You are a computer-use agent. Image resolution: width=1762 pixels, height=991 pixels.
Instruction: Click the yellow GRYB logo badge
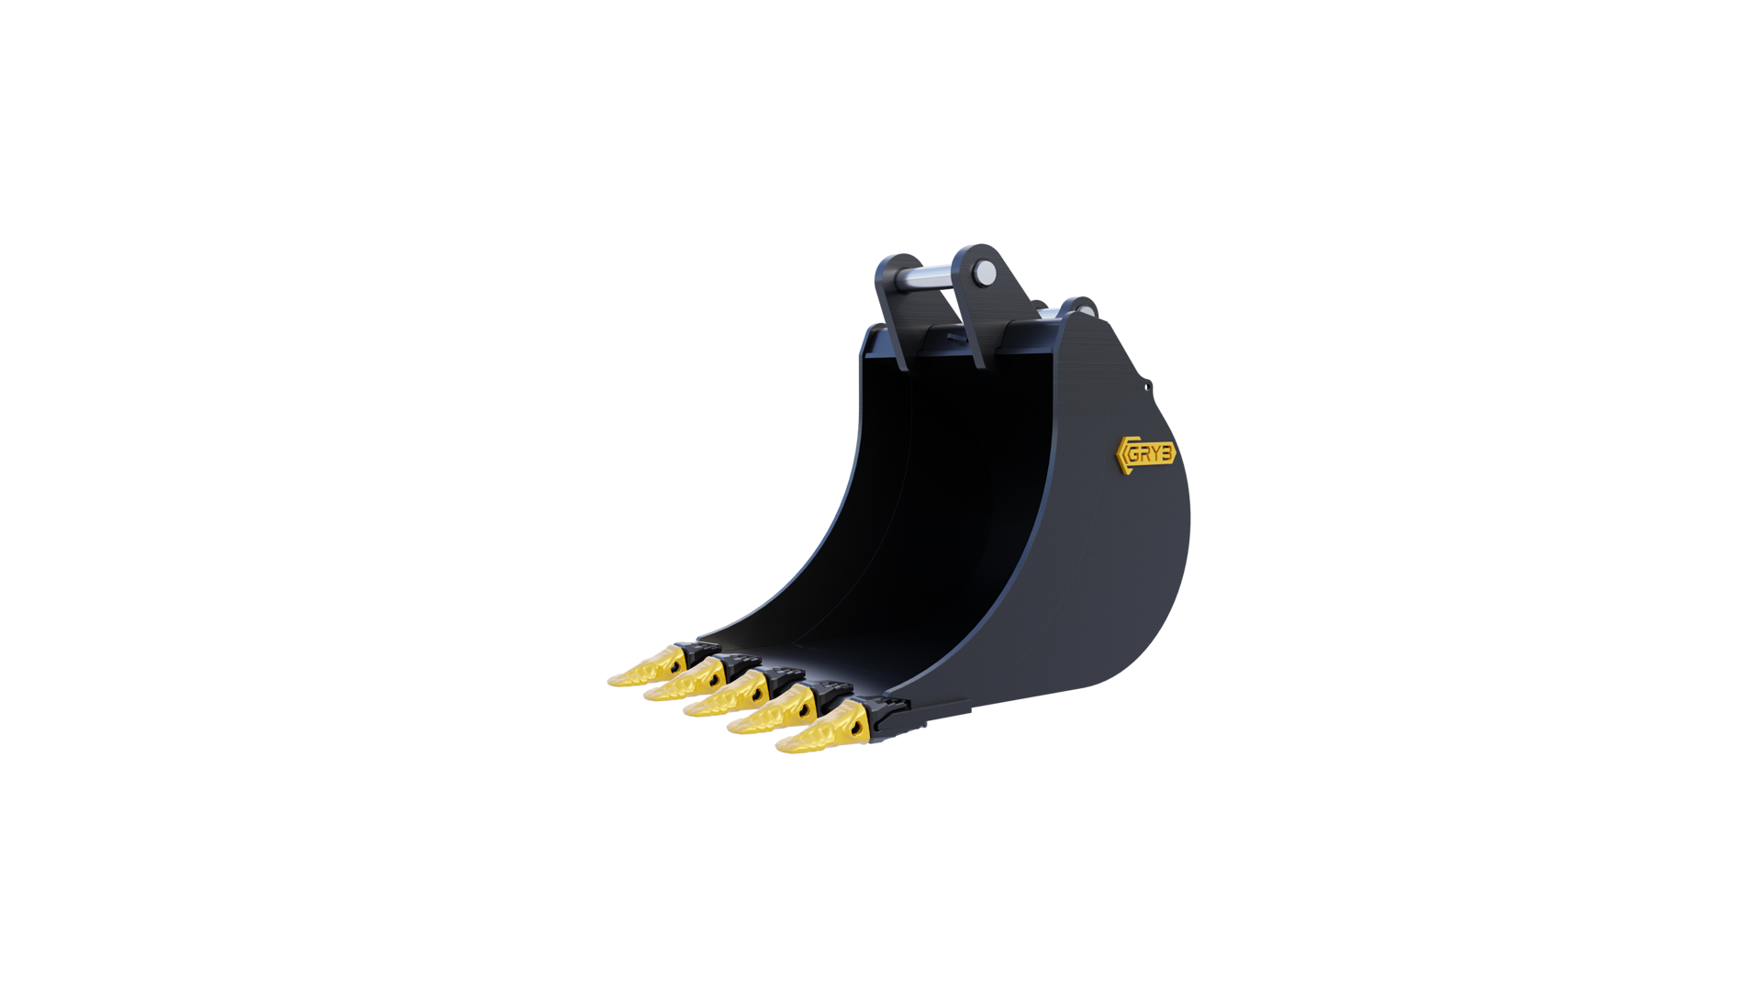(1145, 454)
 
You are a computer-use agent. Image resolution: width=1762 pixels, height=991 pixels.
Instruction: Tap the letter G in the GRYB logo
(1133, 455)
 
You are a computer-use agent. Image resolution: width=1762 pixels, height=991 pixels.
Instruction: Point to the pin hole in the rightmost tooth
(860, 725)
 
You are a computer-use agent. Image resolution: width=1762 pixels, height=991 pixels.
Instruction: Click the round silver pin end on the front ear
(985, 272)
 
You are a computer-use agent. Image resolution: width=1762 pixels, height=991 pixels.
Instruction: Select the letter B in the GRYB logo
(1165, 453)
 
